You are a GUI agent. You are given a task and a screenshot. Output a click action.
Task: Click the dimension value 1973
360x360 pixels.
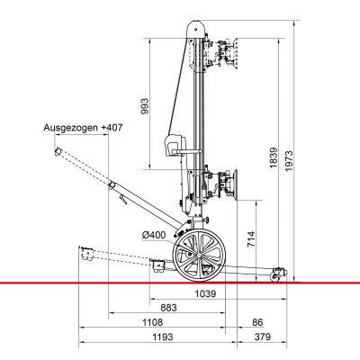[x=289, y=160]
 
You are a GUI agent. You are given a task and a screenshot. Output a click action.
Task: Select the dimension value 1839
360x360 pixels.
[x=274, y=157]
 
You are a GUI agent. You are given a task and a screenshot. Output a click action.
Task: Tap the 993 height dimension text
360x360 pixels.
[x=145, y=106]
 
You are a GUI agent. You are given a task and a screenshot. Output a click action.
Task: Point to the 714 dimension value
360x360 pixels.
[x=251, y=238]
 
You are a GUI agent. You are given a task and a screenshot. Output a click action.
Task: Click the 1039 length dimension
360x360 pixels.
[x=205, y=293]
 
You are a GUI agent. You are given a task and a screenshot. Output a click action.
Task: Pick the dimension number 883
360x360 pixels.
[x=168, y=308]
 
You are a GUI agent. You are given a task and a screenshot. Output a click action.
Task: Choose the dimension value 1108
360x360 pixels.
[x=152, y=322]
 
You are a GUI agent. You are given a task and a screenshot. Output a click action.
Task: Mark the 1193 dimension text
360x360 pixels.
[x=163, y=337]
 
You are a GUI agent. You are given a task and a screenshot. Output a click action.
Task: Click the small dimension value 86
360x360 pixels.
[x=257, y=322]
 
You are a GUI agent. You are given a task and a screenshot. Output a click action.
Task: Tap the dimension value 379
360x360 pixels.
[x=262, y=337]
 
